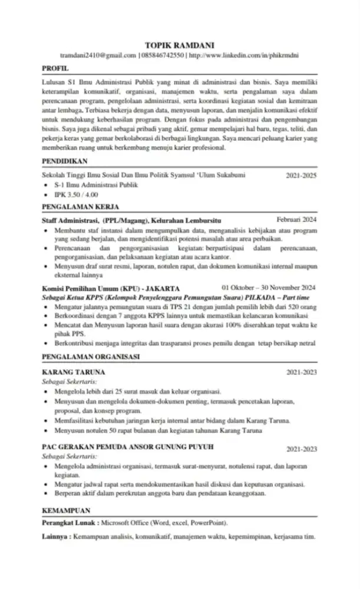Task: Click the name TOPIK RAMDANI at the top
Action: pyautogui.click(x=179, y=45)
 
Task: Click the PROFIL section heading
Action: pyautogui.click(x=55, y=69)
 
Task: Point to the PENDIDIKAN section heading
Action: pyautogui.click(x=65, y=161)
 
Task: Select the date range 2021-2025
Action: pyautogui.click(x=301, y=176)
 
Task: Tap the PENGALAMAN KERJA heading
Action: pyautogui.click(x=81, y=207)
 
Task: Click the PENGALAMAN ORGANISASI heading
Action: pyautogui.click(x=91, y=357)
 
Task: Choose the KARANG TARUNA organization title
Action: pyautogui.click(x=74, y=372)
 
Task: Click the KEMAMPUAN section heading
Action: pyautogui.click(x=67, y=510)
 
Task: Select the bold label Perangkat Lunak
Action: pyautogui.click(x=69, y=523)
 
